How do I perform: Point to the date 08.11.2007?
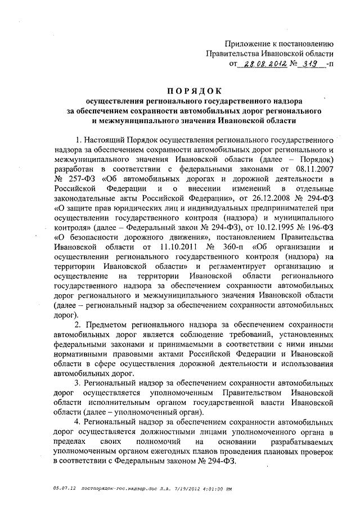coord(316,168)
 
